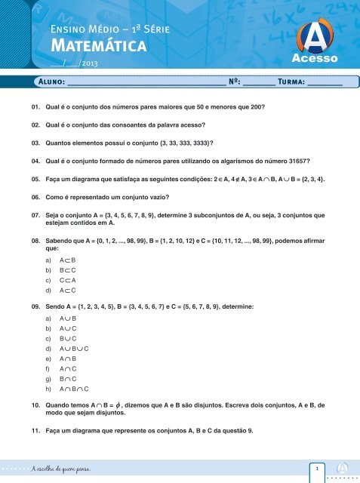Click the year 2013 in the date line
(x=89, y=64)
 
